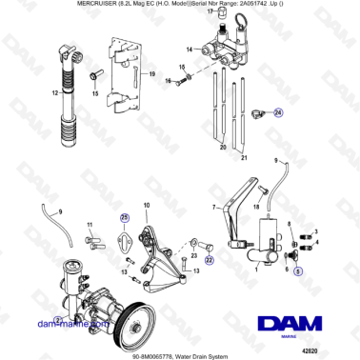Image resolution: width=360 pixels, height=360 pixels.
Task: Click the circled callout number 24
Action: [x=279, y=112]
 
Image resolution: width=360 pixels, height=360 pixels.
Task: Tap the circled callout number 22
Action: [x=210, y=257]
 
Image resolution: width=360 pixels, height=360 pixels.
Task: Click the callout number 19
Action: [x=151, y=72]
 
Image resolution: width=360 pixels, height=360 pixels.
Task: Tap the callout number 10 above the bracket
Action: [x=146, y=206]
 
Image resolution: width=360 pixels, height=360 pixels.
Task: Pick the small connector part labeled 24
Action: [x=258, y=115]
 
